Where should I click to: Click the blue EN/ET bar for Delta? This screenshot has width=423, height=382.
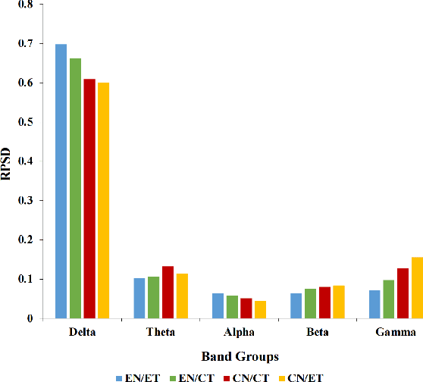coord(61,182)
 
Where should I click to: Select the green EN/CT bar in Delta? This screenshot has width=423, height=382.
coord(75,189)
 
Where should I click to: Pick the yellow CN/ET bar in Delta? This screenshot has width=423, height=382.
coord(104,201)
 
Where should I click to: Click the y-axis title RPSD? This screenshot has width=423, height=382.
coord(8,162)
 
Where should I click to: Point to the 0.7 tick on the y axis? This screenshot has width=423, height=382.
coord(25,43)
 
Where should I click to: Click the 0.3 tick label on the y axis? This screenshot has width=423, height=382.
coord(25,201)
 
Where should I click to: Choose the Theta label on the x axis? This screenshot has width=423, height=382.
coord(161,333)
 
